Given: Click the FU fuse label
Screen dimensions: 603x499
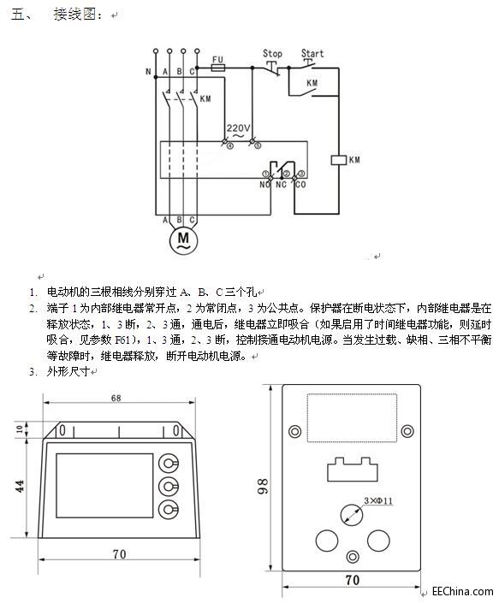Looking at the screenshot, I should [x=217, y=56].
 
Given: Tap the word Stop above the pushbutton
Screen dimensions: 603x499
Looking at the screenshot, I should [x=272, y=53].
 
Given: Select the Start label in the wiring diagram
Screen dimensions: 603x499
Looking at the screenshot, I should [x=312, y=53].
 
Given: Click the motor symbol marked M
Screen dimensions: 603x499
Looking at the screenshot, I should [x=181, y=240].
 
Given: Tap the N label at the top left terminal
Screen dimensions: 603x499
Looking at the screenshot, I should [x=148, y=71].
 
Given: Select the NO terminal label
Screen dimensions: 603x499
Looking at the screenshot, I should [x=264, y=184].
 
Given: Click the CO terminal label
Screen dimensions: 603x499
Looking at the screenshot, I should [x=300, y=184].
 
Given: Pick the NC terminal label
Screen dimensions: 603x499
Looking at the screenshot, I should [x=281, y=184].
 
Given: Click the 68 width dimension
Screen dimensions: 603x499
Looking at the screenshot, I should [x=116, y=398].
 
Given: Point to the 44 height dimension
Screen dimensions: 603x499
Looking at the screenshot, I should [x=19, y=485].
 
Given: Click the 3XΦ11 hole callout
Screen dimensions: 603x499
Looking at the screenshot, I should [x=377, y=499].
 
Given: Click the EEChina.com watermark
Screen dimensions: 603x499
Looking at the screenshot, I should [x=462, y=591].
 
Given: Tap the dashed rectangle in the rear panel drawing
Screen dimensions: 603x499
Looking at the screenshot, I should [x=352, y=415].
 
